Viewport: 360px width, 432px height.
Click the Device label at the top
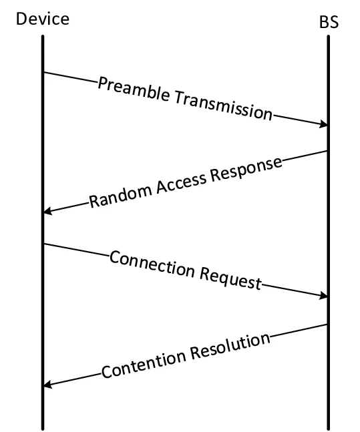click(x=43, y=19)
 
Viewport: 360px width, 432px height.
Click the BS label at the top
click(x=329, y=22)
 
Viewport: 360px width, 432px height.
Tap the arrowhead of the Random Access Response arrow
click(x=47, y=212)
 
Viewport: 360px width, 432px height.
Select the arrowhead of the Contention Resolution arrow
click(x=47, y=385)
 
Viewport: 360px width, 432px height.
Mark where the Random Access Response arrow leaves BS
click(x=327, y=151)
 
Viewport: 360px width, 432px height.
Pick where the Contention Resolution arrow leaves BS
click(x=327, y=325)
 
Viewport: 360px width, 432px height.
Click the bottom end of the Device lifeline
click(x=43, y=428)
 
